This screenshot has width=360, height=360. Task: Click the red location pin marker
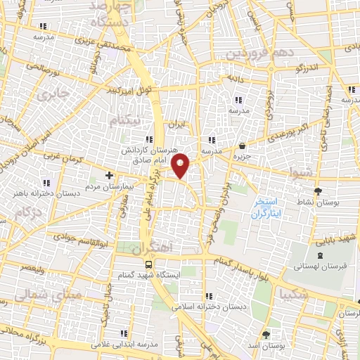coord(181,165)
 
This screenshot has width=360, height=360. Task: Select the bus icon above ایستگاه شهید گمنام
coord(148,264)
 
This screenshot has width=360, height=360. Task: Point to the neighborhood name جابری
coord(53,94)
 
